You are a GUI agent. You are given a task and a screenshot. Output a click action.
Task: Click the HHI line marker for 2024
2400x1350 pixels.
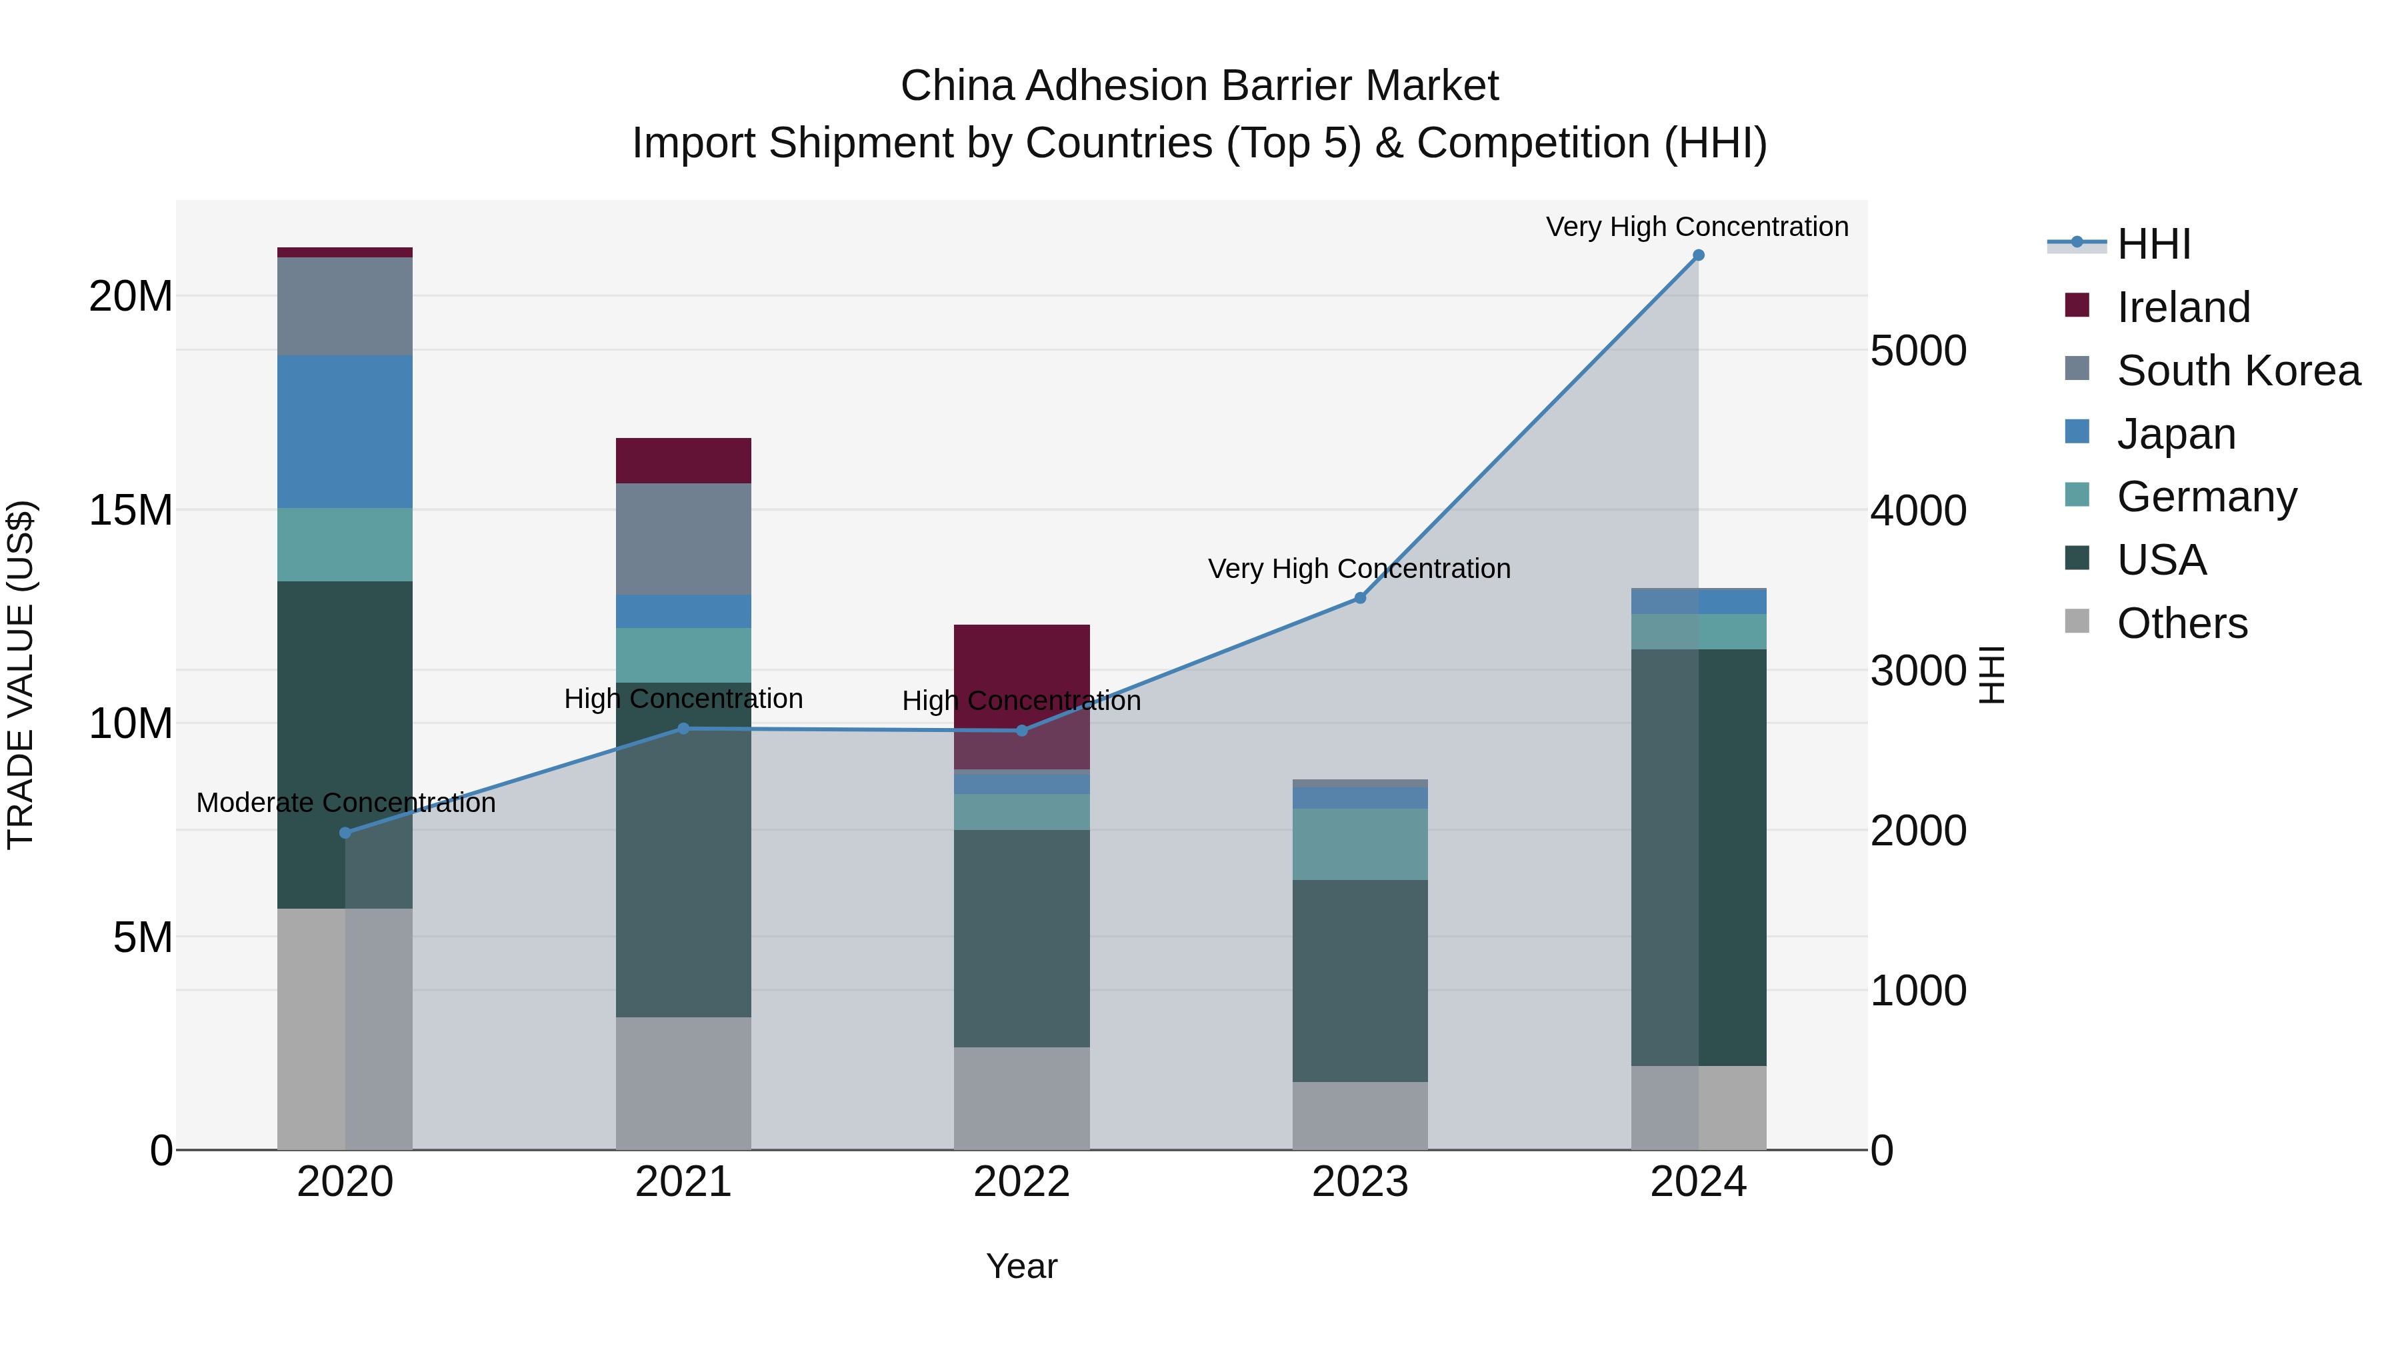[1697, 255]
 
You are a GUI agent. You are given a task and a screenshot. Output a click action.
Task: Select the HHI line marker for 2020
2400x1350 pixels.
[345, 833]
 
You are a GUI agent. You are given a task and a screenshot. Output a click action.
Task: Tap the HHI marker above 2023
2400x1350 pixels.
[1359, 598]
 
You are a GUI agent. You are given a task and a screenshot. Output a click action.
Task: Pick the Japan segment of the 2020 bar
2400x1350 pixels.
[345, 431]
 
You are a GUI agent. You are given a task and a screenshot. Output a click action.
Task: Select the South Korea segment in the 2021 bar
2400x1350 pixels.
[683, 539]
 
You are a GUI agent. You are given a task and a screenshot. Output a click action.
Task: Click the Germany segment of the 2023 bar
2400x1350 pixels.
[1359, 844]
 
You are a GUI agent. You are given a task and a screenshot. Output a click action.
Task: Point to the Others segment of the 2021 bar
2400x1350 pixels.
[683, 1083]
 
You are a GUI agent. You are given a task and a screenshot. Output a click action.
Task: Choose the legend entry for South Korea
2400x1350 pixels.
[2238, 371]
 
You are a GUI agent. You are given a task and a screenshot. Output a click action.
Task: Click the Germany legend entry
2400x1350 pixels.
[2206, 497]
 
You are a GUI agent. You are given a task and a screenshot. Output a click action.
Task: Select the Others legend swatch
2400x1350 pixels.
[2077, 621]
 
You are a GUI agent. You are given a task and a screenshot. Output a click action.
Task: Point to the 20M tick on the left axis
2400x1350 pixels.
[131, 296]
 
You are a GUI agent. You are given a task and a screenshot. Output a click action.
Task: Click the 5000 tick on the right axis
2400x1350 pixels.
[1918, 351]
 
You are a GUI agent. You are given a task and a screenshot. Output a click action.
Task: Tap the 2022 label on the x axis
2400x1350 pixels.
[1021, 1182]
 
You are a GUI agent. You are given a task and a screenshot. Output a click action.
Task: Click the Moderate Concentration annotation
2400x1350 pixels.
[345, 802]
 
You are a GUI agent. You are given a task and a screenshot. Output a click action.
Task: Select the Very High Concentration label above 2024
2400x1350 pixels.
[1697, 227]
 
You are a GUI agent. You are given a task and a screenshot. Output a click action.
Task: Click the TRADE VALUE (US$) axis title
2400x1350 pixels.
[21, 675]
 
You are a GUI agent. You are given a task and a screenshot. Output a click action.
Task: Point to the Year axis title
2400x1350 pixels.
[1021, 1266]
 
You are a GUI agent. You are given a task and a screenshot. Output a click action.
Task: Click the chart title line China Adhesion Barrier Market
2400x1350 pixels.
[1199, 86]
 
